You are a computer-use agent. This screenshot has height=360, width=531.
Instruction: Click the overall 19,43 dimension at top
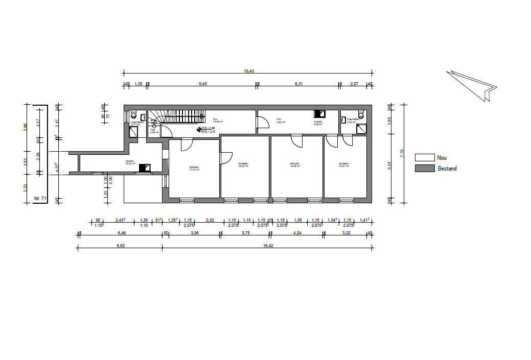click(x=249, y=71)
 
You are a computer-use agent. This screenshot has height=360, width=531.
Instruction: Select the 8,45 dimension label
click(x=202, y=83)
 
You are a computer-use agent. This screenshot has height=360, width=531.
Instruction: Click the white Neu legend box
click(x=424, y=158)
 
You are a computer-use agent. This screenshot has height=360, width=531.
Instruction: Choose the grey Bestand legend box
click(x=424, y=169)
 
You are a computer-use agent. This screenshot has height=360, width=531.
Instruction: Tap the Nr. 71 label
click(x=40, y=197)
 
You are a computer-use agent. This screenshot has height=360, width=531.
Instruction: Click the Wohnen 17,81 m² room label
click(x=194, y=169)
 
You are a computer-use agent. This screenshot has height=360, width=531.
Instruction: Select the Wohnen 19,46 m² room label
click(x=294, y=165)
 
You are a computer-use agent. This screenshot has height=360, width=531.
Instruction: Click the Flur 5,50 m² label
click(x=280, y=121)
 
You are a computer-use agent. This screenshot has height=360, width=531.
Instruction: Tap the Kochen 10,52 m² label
click(x=130, y=162)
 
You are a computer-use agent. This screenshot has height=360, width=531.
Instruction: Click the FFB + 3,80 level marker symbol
click(x=199, y=129)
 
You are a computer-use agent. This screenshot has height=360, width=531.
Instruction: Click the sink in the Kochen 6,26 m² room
click(x=319, y=114)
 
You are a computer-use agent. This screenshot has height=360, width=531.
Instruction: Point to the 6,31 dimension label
click(x=298, y=83)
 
